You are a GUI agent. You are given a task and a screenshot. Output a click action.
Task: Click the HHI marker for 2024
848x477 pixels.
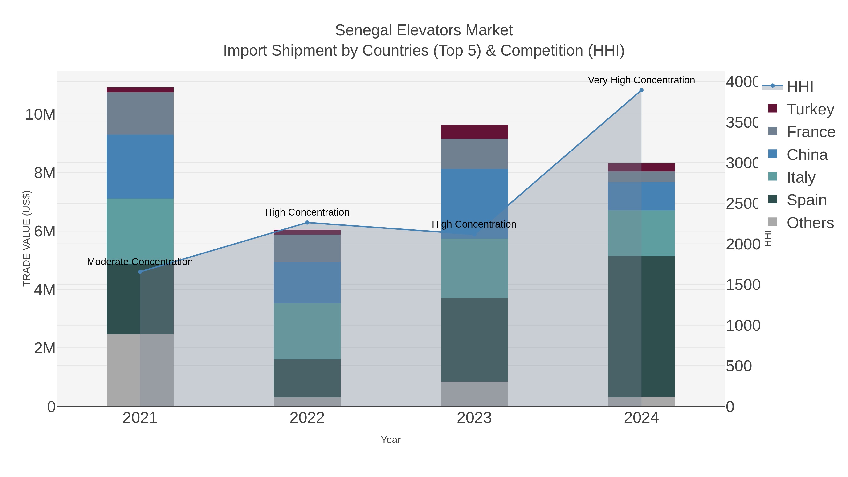(x=641, y=90)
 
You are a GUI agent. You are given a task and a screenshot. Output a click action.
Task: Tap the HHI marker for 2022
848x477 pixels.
(x=307, y=223)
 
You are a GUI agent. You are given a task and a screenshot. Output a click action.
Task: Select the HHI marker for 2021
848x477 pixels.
(x=140, y=272)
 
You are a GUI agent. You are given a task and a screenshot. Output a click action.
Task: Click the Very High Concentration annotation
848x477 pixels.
(x=641, y=80)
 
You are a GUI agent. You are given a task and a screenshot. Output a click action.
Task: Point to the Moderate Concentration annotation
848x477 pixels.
(x=140, y=262)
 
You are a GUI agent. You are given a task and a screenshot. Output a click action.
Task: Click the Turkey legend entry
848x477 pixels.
(x=810, y=109)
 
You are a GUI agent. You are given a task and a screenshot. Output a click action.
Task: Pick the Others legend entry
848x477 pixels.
(x=810, y=223)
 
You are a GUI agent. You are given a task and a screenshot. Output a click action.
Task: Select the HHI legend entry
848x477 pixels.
(x=800, y=87)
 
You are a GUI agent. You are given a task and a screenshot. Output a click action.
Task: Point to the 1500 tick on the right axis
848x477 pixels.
(x=743, y=285)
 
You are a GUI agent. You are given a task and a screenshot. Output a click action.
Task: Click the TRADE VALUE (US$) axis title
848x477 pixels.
(x=27, y=238)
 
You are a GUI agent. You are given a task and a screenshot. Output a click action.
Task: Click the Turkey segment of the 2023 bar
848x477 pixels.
(x=474, y=132)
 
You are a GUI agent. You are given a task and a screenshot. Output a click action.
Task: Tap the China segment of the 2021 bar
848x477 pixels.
(x=140, y=167)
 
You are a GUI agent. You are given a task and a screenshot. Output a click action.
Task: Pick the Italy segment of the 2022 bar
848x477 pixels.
(x=307, y=331)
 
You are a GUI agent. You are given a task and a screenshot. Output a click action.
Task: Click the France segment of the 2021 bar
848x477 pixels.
(x=140, y=114)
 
